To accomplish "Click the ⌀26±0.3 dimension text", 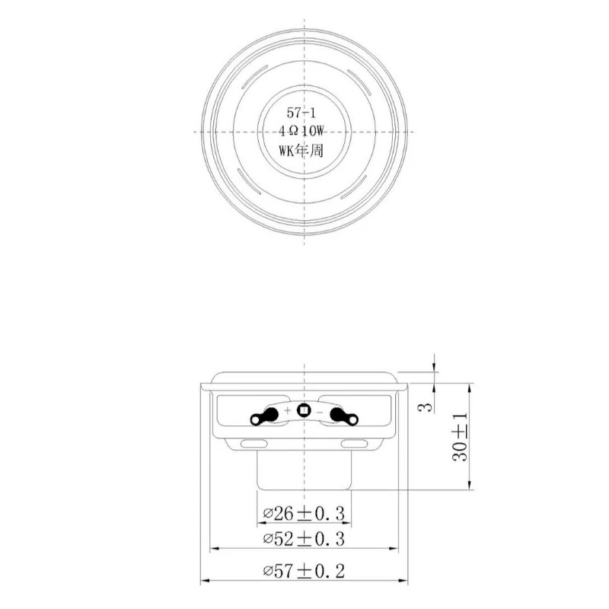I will point(304,514).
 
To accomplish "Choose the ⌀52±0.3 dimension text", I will point(304,539).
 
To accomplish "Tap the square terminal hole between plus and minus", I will point(304,411).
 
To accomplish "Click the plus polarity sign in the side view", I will point(288,411).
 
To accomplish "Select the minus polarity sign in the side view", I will point(320,411).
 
